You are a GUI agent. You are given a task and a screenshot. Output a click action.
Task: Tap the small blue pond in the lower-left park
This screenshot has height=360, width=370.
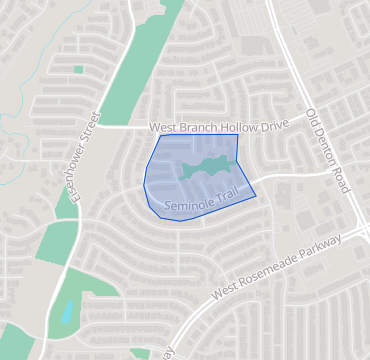[67, 312]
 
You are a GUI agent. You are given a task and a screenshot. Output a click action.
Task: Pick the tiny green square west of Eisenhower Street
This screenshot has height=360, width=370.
[78, 69]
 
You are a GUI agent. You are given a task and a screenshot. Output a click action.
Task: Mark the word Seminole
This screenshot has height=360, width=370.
[184, 206]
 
